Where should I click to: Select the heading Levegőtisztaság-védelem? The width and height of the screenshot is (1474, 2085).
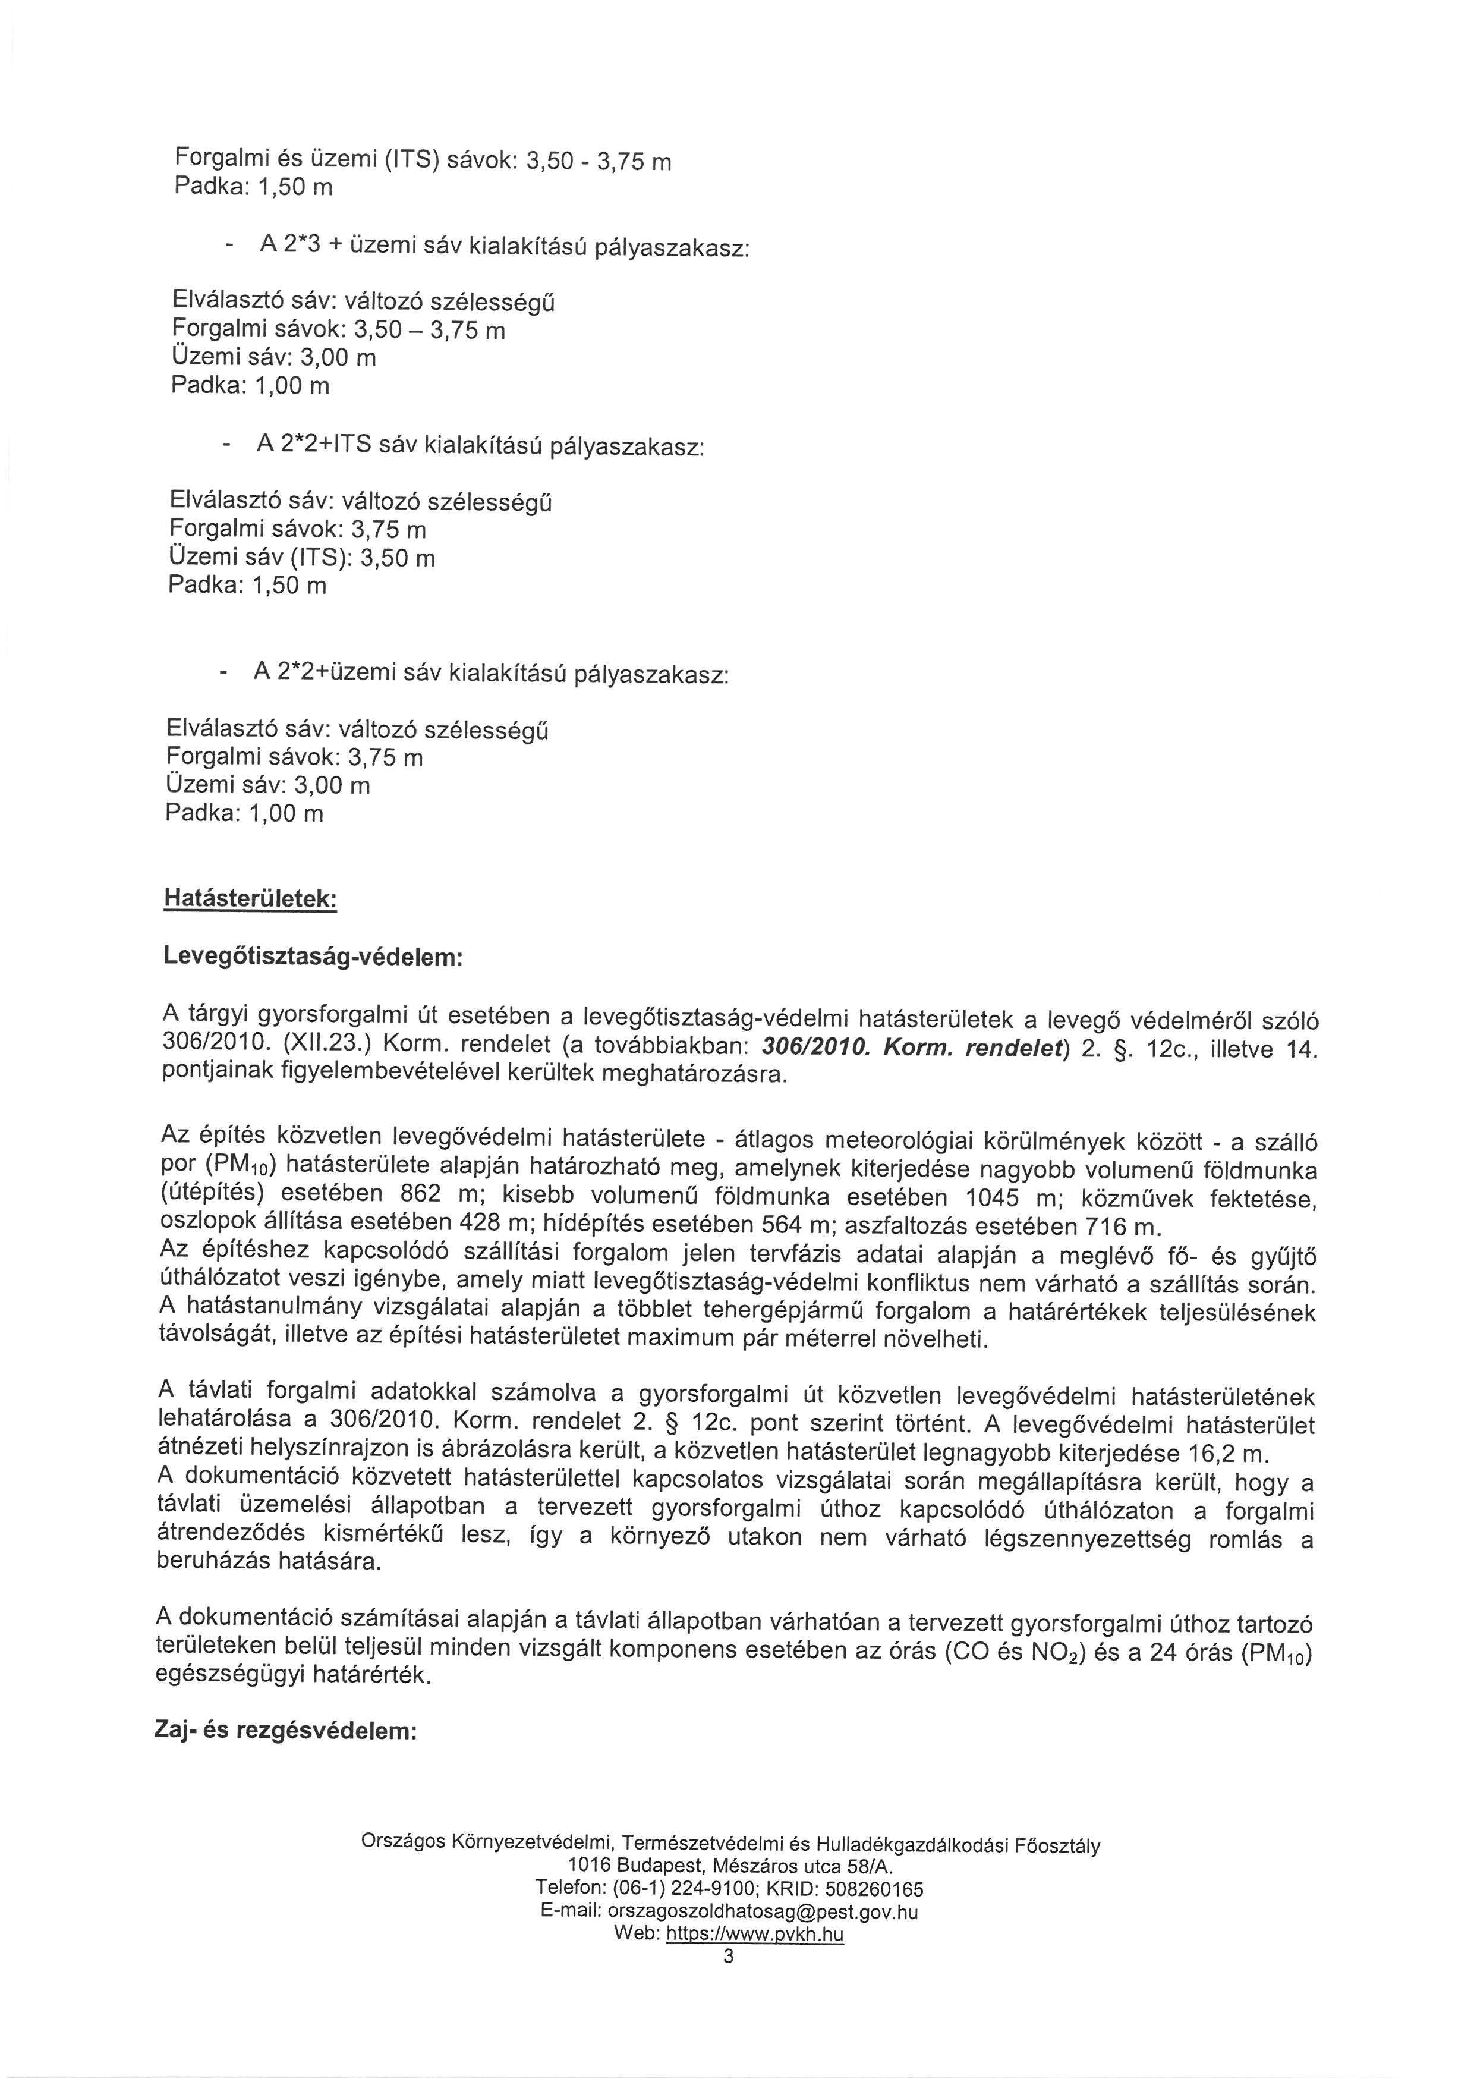click(x=313, y=957)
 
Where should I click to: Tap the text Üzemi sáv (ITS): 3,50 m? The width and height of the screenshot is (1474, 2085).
click(x=303, y=556)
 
